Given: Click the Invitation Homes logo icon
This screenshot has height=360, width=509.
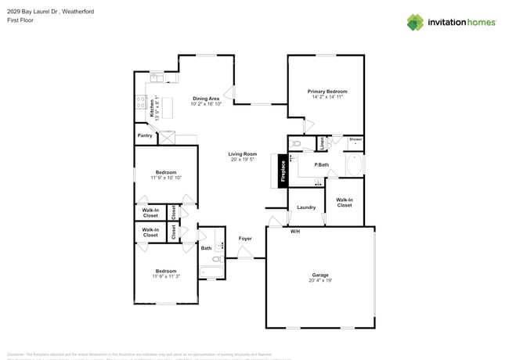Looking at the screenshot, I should (414, 22).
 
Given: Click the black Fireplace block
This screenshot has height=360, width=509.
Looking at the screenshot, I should (283, 171).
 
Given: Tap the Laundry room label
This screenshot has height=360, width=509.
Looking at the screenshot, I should (306, 207).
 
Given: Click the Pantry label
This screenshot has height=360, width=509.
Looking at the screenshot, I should (145, 135).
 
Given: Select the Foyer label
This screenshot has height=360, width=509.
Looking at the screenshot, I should (245, 239).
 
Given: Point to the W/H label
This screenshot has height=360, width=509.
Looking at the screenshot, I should (295, 232).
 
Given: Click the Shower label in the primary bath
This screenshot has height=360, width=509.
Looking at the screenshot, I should (356, 139).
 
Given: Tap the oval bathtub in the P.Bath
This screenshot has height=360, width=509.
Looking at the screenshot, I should (354, 165).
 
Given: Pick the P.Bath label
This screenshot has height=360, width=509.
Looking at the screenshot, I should (322, 164).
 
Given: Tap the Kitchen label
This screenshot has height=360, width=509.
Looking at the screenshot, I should (153, 107).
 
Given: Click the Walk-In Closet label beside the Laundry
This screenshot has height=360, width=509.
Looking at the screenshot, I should (345, 202).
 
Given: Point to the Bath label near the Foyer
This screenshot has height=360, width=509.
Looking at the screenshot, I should (207, 249).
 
